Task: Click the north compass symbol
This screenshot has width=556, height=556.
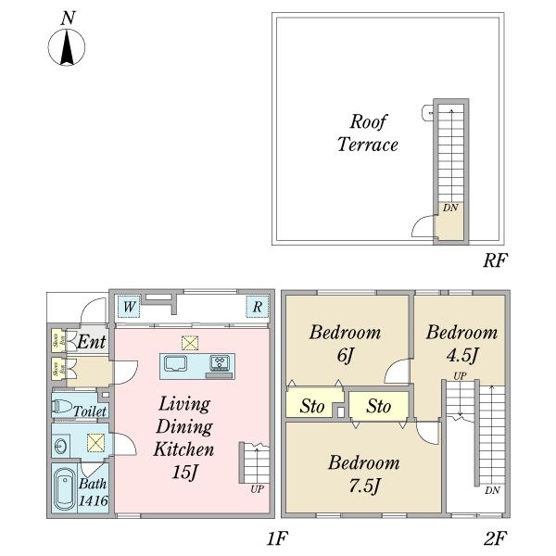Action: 67,46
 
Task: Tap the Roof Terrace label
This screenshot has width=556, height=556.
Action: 368,133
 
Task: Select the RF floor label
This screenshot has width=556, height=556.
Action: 494,259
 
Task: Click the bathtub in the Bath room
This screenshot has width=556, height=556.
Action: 64,488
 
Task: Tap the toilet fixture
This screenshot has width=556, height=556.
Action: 64,408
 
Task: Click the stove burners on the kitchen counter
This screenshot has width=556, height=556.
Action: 221,362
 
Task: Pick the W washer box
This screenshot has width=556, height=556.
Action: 129,307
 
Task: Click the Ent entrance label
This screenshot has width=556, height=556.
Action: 90,343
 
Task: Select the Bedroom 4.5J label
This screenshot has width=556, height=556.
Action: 461,343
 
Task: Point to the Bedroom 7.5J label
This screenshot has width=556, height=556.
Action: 363,473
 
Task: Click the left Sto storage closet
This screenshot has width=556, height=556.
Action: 311,406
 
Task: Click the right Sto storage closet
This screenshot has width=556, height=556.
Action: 377,406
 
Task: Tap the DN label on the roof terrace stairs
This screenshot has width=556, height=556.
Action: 449,208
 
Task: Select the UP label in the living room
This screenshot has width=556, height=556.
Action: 257,488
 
